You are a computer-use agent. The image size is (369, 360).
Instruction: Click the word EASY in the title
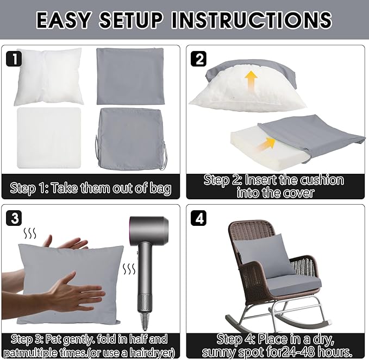point(64,20)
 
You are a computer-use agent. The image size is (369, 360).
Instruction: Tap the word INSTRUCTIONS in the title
point(252,20)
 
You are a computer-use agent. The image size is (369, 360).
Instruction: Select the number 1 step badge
point(14,59)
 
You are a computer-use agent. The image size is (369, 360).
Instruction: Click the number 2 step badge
point(198,59)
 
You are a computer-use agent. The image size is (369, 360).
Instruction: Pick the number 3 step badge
point(14,218)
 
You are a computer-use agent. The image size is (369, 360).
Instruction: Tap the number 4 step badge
point(198,218)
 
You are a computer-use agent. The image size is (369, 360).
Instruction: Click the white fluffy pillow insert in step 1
point(49,77)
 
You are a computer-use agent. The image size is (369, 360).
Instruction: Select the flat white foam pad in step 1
point(49,138)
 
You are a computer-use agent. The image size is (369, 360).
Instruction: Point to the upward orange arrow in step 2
point(252,81)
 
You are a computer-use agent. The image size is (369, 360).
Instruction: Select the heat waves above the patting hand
point(30,233)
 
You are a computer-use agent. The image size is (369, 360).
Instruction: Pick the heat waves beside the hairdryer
point(129,269)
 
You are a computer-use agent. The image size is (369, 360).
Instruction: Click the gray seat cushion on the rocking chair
point(293,286)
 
